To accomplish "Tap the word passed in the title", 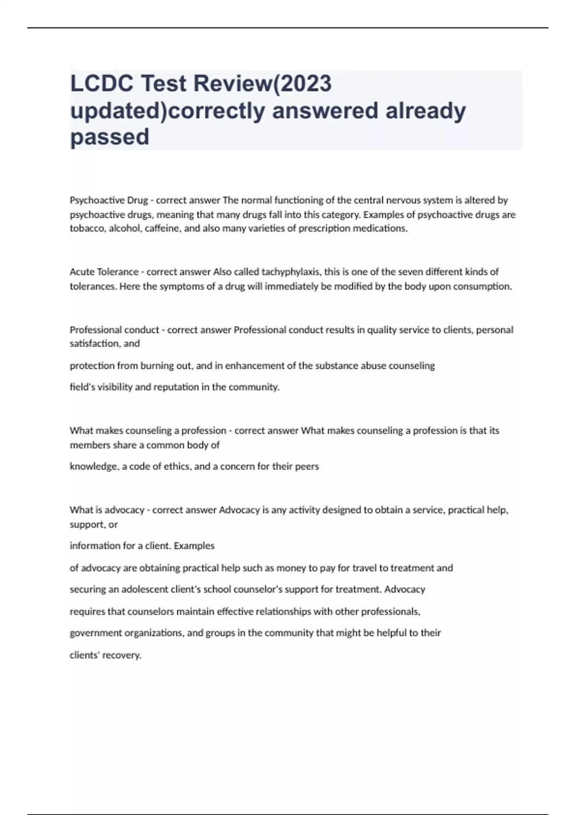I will [x=109, y=137].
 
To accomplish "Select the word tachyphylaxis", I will [x=291, y=272].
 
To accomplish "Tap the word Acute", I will [x=82, y=272].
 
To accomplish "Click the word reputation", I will [x=175, y=387].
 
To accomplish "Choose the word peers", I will [x=307, y=466].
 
